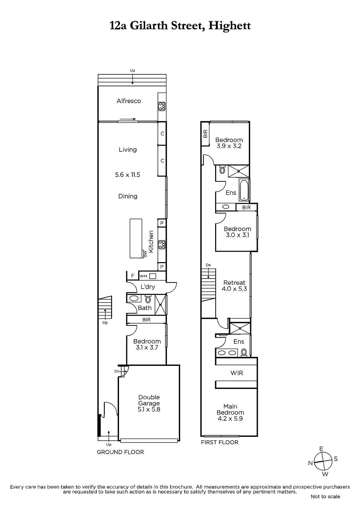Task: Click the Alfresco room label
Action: (129, 101)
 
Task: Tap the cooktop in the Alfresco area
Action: (162, 106)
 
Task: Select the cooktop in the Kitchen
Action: (162, 245)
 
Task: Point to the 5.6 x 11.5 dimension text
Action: (128, 175)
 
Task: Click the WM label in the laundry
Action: (143, 276)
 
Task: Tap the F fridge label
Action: (133, 276)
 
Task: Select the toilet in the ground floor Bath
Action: (148, 299)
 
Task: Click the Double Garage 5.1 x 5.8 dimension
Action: (149, 409)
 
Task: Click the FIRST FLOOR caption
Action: (220, 442)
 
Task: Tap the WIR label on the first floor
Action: (237, 373)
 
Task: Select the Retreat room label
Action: (235, 283)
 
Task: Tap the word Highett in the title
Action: (229, 26)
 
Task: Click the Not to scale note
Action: (325, 497)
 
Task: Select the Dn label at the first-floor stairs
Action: (208, 265)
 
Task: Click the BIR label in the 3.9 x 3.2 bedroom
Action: (205, 134)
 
